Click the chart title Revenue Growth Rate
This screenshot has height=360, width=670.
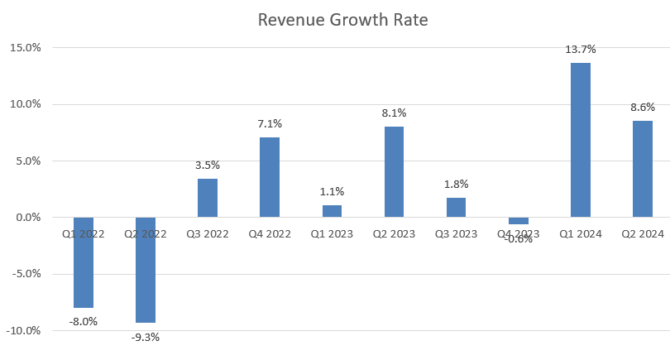tap(342, 20)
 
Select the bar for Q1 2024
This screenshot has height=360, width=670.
tap(581, 140)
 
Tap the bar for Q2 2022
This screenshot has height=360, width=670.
tap(146, 270)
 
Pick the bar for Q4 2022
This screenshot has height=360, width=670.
tap(270, 177)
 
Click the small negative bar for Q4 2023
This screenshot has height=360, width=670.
tap(519, 221)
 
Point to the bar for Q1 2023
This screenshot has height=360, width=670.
tap(332, 211)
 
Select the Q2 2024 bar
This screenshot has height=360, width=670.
tap(643, 169)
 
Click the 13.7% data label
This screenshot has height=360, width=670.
tap(581, 50)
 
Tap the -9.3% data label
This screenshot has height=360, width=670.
tap(146, 337)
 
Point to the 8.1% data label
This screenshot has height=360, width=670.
tap(394, 113)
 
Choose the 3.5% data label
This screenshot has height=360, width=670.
tap(208, 166)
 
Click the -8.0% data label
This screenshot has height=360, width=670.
tap(84, 321)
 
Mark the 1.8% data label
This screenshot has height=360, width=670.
tap(456, 185)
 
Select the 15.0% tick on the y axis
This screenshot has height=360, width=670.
tap(25, 47)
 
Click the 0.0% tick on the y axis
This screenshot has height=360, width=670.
tap(27, 218)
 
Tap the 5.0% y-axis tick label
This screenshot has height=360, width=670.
tap(27, 161)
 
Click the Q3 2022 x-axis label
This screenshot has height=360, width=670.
tap(208, 234)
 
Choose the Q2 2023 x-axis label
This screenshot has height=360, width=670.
tap(394, 234)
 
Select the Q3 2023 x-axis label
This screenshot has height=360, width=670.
tap(456, 234)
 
